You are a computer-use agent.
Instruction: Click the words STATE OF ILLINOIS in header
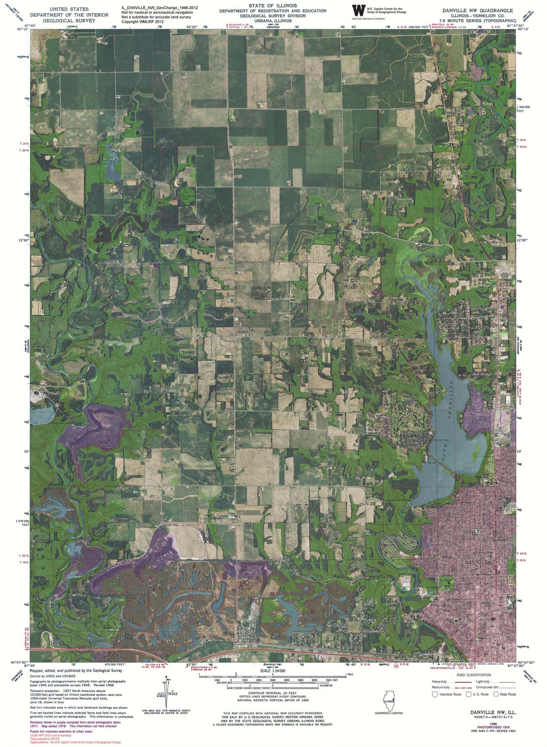[x=273, y=5]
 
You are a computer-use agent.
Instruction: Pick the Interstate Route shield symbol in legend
[x=435, y=694]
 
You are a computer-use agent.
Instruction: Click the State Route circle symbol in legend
[x=496, y=694]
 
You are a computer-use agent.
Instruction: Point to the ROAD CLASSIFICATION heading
[x=474, y=675]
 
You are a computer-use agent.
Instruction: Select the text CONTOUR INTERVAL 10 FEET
[x=273, y=693]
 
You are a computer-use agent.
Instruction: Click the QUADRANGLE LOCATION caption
[x=389, y=713]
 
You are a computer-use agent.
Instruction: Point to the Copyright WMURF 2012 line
[x=143, y=21]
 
